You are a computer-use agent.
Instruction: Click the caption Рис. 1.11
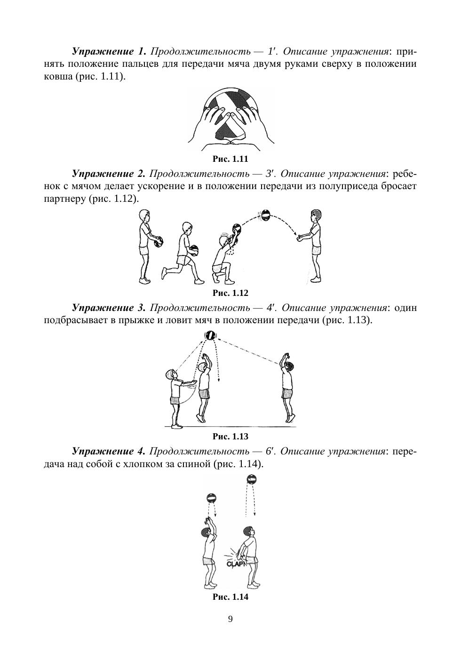tap(230, 159)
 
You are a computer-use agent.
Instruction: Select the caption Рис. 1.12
tap(230, 293)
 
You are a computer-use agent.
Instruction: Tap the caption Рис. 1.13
tap(230, 437)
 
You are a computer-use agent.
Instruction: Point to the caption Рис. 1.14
tap(230, 597)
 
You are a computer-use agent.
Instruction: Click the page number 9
tap(230, 619)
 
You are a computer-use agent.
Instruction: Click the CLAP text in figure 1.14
tap(235, 564)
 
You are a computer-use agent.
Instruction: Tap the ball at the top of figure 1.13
tap(210, 335)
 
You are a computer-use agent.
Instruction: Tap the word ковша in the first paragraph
tap(58, 76)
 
